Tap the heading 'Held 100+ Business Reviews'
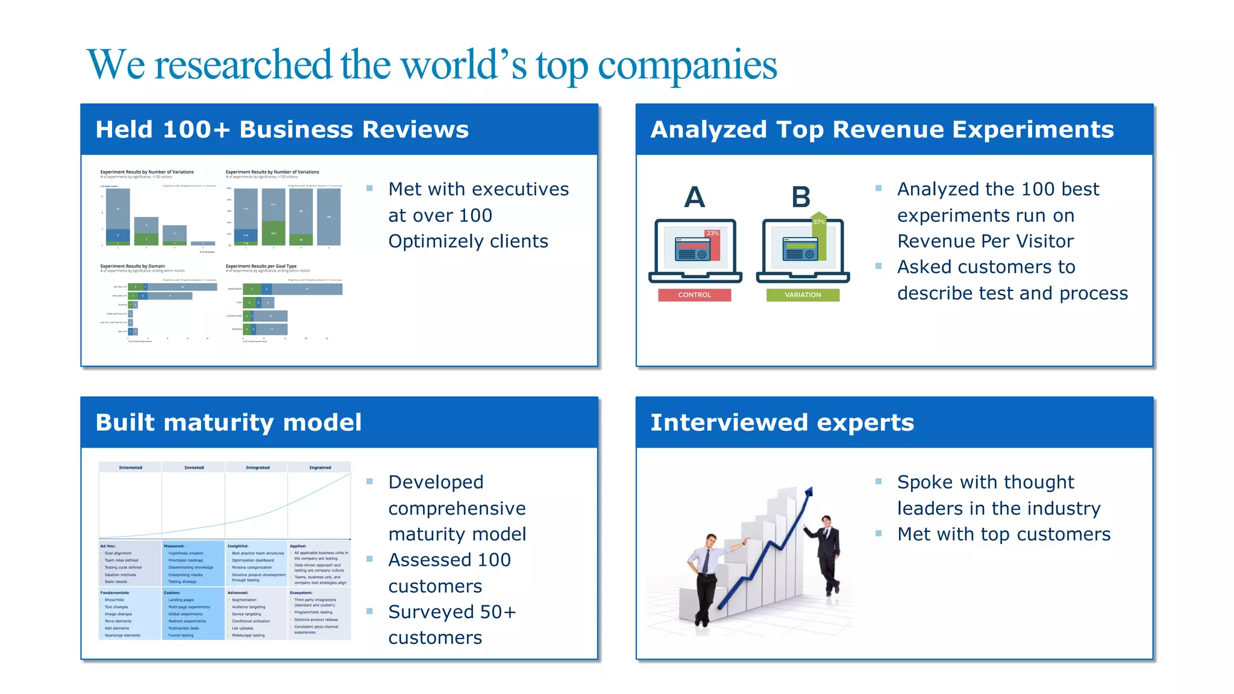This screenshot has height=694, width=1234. tap(282, 130)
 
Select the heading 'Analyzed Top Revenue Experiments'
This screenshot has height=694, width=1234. tap(882, 130)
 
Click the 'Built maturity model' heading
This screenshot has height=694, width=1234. tap(228, 422)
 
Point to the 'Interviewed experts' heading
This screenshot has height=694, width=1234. tap(782, 422)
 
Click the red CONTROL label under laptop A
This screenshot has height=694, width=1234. tap(694, 295)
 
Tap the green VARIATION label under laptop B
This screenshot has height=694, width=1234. tap(803, 295)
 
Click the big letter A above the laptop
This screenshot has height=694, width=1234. tap(694, 197)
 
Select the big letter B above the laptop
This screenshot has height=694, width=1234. tap(801, 197)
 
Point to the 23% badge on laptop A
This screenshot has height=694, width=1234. tap(712, 233)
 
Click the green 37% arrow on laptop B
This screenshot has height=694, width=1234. tap(818, 222)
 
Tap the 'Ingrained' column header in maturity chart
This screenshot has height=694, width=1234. tap(320, 467)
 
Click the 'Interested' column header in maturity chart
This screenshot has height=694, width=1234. tap(130, 467)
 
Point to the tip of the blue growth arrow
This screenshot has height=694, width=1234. tap(809, 490)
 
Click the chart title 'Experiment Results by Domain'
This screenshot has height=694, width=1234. tap(133, 266)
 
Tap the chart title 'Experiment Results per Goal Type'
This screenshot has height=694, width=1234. tap(261, 266)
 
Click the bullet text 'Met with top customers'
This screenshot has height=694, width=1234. tap(1003, 534)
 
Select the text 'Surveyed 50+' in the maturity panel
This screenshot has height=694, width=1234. tap(452, 612)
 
